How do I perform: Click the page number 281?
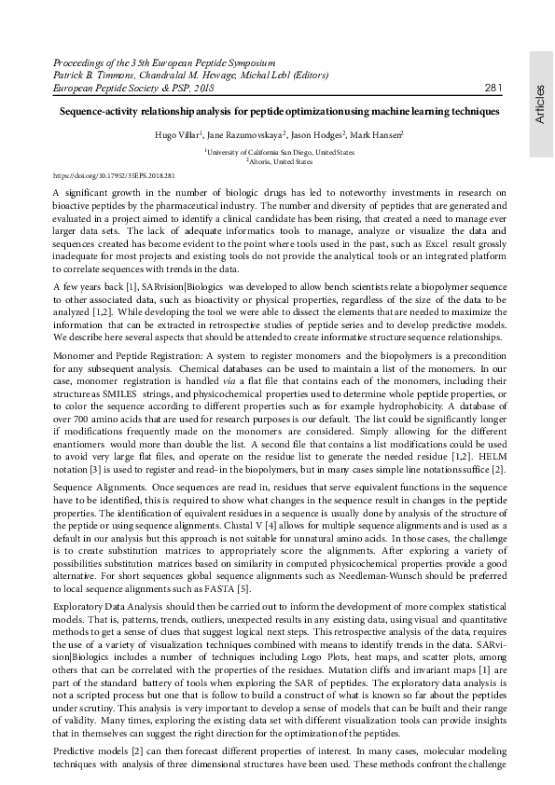coord(494,89)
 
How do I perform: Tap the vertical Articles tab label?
coord(541,103)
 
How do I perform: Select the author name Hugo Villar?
coord(175,135)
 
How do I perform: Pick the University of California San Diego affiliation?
coord(280,151)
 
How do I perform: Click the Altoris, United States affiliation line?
coord(279,160)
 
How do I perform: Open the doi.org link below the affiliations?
coord(115,174)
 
